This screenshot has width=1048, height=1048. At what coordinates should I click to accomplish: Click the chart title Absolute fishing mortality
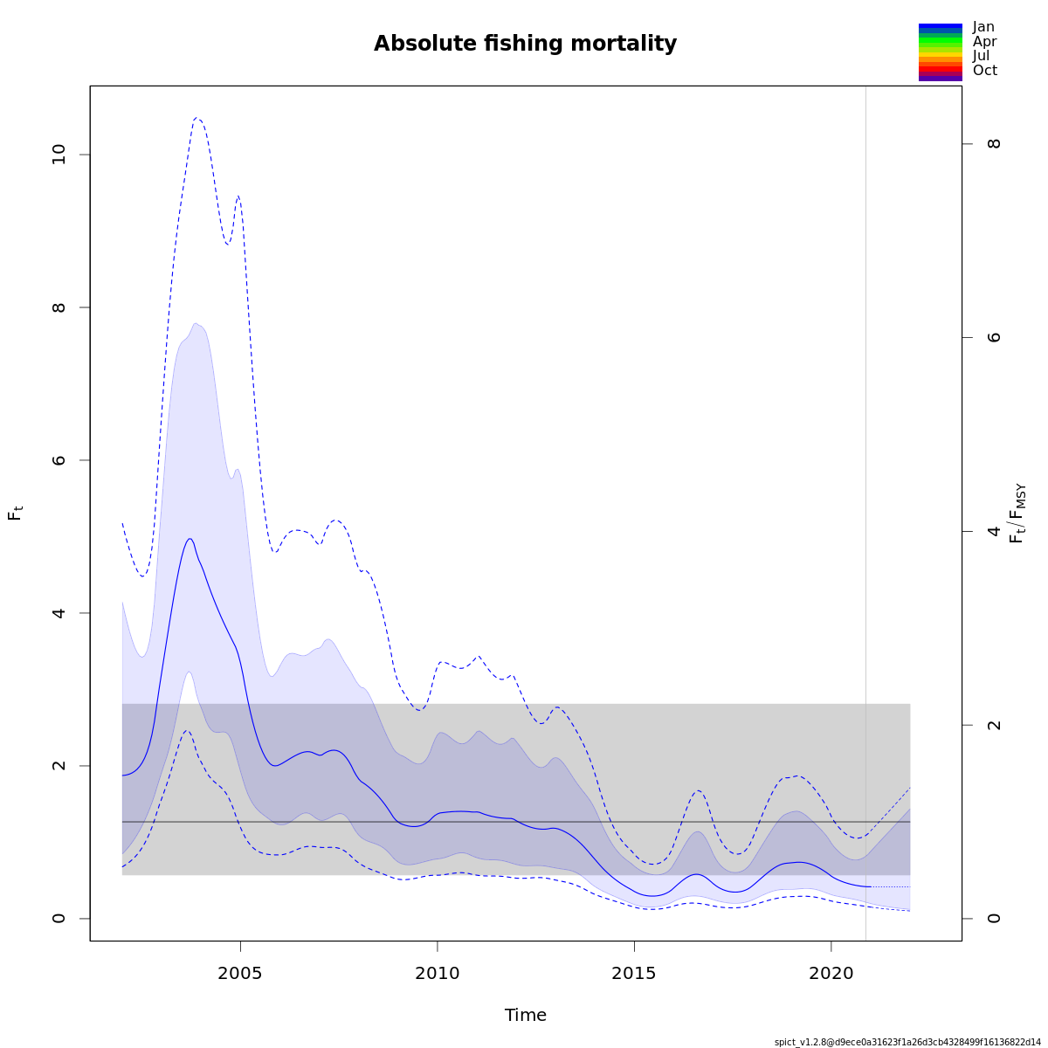[x=525, y=44]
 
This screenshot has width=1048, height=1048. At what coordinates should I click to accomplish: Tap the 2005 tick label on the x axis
[x=240, y=973]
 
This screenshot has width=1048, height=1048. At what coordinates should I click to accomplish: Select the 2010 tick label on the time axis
[x=438, y=973]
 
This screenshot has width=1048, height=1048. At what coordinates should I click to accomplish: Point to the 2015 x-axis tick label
[x=634, y=973]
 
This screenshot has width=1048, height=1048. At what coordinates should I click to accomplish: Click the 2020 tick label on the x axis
[x=831, y=973]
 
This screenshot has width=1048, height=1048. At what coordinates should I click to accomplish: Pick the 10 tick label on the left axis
[x=59, y=155]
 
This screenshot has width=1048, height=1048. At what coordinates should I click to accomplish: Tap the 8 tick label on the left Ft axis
[x=59, y=307]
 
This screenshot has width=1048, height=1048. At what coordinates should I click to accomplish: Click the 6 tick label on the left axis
[x=59, y=460]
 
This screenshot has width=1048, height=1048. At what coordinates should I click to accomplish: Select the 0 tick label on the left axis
[x=59, y=918]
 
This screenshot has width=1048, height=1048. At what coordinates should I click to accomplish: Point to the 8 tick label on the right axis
[x=994, y=143]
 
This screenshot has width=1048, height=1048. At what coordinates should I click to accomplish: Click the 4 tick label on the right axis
[x=994, y=531]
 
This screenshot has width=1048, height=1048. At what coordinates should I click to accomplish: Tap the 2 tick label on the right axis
[x=994, y=725]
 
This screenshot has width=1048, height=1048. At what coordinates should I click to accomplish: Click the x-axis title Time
[x=525, y=1015]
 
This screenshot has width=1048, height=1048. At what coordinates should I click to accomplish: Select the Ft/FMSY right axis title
[x=1017, y=514]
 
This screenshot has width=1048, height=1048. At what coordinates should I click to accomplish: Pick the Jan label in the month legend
[x=983, y=27]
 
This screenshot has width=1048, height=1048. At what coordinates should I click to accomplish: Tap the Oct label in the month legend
[x=984, y=71]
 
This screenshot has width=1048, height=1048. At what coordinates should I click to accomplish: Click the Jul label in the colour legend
[x=982, y=56]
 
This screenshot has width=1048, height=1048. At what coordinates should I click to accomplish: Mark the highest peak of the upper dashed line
[x=197, y=117]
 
